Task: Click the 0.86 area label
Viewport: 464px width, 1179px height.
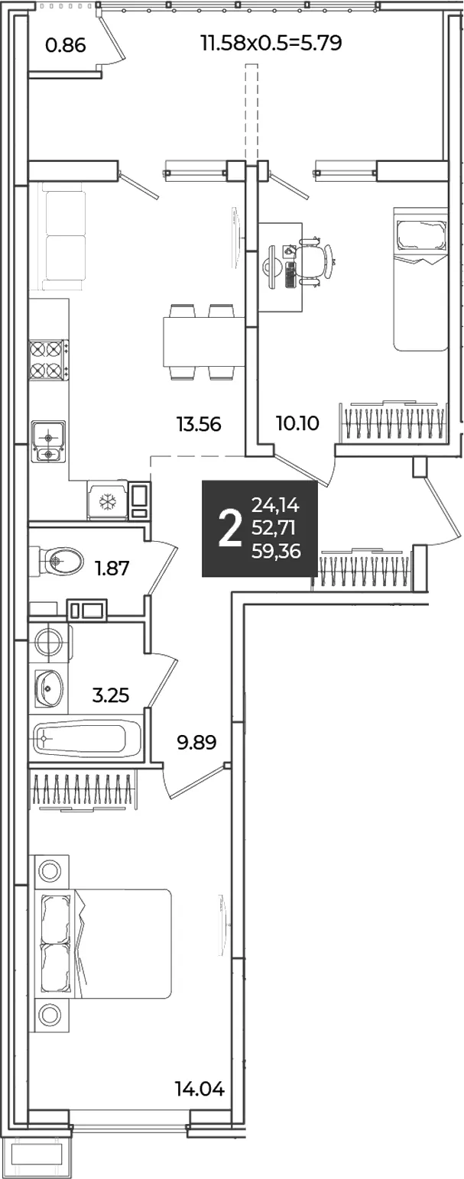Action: tap(66, 46)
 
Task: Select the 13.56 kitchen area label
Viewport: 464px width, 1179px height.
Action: tap(199, 424)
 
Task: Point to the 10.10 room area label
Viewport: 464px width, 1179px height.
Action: tap(297, 423)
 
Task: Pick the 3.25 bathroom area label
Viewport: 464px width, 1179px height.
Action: tap(111, 695)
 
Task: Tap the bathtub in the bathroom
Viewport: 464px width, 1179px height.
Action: tap(87, 739)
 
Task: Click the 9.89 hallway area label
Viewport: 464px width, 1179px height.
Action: tap(196, 743)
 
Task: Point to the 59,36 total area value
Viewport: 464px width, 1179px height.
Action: tap(277, 551)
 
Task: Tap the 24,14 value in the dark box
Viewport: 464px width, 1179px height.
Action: tap(275, 505)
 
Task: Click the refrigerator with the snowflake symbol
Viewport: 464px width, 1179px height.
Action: tap(108, 500)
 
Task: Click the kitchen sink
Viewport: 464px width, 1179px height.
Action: tap(48, 441)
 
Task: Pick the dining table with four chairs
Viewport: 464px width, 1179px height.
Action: tap(203, 342)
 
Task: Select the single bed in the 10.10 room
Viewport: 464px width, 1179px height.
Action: tap(420, 278)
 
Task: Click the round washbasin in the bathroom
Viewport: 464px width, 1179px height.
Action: tap(50, 688)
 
